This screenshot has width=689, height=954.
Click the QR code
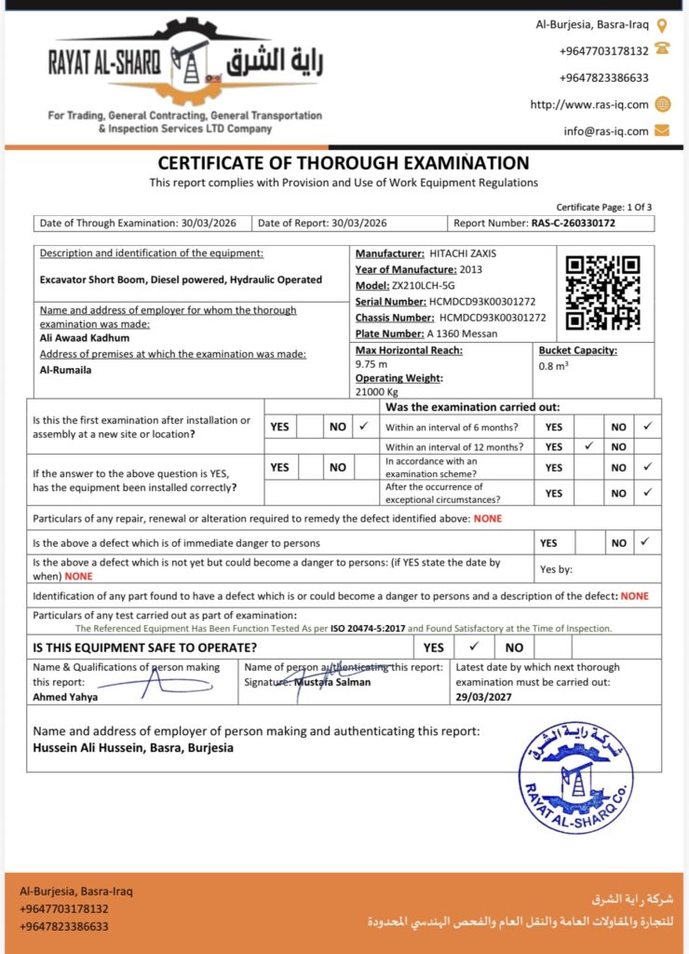tap(602, 293)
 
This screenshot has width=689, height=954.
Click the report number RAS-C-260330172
tap(574, 224)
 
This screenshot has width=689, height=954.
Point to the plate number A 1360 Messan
tap(462, 334)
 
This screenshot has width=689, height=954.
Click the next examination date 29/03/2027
tap(483, 696)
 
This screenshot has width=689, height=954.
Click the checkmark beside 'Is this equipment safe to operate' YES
tap(474, 647)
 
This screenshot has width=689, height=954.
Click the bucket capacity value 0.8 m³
tap(553, 366)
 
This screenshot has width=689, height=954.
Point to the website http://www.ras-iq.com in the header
tap(588, 104)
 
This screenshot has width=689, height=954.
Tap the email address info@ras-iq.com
tap(605, 131)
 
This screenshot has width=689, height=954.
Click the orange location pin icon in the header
tap(662, 25)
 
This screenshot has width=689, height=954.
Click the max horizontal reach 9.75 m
tap(371, 364)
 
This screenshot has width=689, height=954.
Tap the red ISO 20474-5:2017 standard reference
tap(368, 629)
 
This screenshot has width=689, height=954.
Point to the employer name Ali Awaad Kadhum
tap(85, 338)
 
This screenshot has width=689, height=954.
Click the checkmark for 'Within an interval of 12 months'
tap(588, 447)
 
